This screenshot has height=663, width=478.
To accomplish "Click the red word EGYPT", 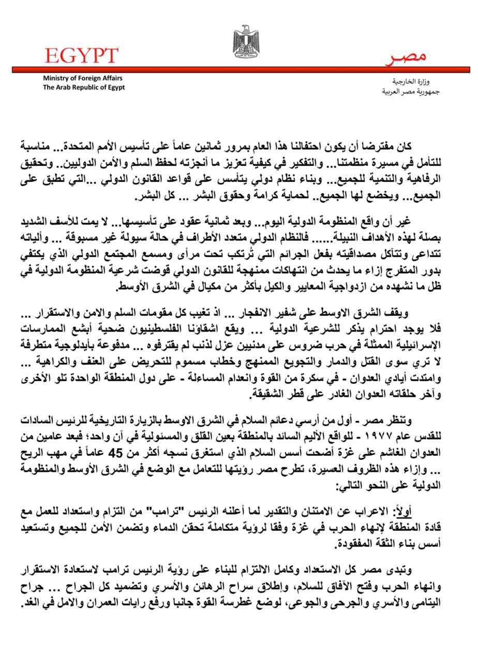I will coord(81,55).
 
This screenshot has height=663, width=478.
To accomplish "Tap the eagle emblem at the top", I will coord(246,41).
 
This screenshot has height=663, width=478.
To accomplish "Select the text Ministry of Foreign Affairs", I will coord(83,78).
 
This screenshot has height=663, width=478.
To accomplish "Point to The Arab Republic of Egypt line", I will coord(84,88).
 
